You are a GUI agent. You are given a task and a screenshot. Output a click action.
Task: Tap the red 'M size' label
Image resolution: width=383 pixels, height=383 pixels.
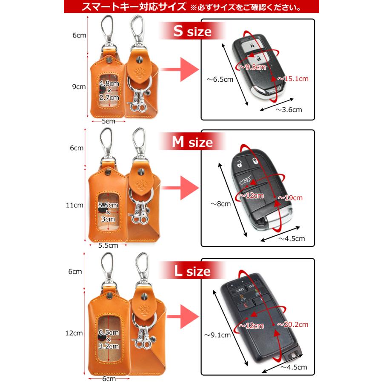point(192,142)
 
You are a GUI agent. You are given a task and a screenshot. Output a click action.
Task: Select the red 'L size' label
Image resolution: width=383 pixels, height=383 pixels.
point(192,271)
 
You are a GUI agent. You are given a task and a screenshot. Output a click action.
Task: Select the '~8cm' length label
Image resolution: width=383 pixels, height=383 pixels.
point(220,204)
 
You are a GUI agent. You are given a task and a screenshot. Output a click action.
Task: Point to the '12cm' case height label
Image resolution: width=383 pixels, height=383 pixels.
point(77,333)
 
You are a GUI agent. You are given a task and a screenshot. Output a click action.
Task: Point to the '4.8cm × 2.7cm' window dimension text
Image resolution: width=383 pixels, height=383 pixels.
point(109,90)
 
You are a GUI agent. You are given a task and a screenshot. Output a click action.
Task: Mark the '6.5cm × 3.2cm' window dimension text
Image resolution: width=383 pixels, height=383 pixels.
point(108,340)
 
